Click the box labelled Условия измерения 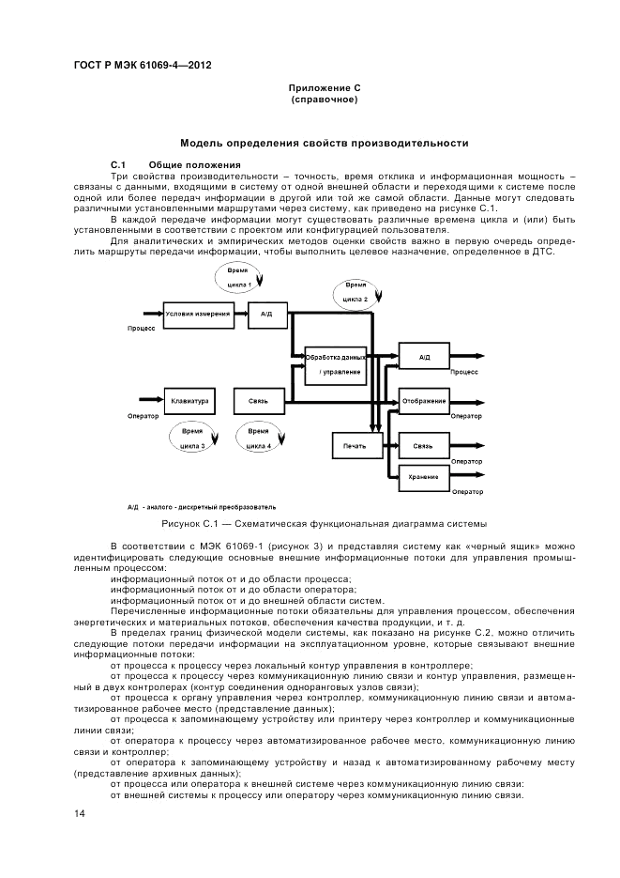click(x=198, y=315)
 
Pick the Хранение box click(x=423, y=477)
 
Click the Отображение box click(x=423, y=401)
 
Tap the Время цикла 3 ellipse click(x=191, y=438)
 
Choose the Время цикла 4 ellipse click(x=259, y=438)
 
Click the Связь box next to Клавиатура click(x=258, y=401)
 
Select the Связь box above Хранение click(x=423, y=446)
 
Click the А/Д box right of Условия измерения click(x=266, y=315)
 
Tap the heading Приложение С click(x=324, y=87)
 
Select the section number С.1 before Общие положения click(x=117, y=165)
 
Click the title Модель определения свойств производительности click(x=324, y=144)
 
